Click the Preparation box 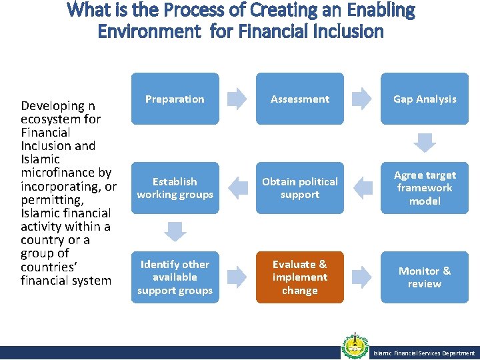[175, 99]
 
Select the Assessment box [299, 99]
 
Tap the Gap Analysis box [425, 99]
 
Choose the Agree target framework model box [425, 188]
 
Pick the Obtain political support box [299, 188]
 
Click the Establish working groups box [175, 188]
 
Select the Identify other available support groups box [175, 277]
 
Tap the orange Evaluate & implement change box [299, 277]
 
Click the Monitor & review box [425, 277]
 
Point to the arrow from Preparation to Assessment [237, 99]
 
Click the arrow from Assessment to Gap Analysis [362, 99]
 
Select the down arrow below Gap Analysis [425, 143]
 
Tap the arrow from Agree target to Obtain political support [362, 188]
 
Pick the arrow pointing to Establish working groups [237, 188]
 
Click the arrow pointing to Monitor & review [362, 277]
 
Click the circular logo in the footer [355, 345]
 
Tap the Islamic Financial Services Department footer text [424, 353]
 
